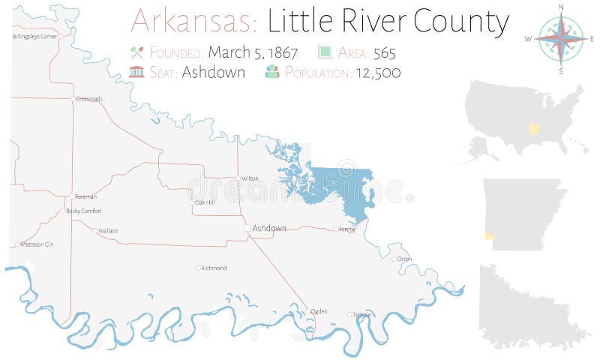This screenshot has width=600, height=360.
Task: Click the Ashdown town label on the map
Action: click(269, 228)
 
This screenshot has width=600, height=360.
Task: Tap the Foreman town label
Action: click(85, 196)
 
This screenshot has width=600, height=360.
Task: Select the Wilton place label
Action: click(250, 178)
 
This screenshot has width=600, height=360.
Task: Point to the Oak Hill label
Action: click(204, 202)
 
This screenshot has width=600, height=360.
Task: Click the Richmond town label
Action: click(214, 268)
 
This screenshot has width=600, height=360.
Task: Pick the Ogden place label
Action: click(319, 310)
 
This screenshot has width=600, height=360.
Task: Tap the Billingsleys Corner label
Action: click(35, 36)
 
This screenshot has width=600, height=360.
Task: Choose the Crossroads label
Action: click(89, 98)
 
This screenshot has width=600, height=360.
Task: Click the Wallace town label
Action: click(108, 231)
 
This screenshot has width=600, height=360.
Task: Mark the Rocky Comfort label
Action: click(83, 211)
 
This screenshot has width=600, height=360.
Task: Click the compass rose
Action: click(561, 38)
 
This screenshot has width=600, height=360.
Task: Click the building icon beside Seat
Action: click(136, 72)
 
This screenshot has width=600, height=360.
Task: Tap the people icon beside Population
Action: click(272, 72)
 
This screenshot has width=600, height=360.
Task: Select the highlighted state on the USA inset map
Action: click(534, 129)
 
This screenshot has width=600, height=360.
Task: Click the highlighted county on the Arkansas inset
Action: click(490, 235)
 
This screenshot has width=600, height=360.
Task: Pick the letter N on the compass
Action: click(561, 8)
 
